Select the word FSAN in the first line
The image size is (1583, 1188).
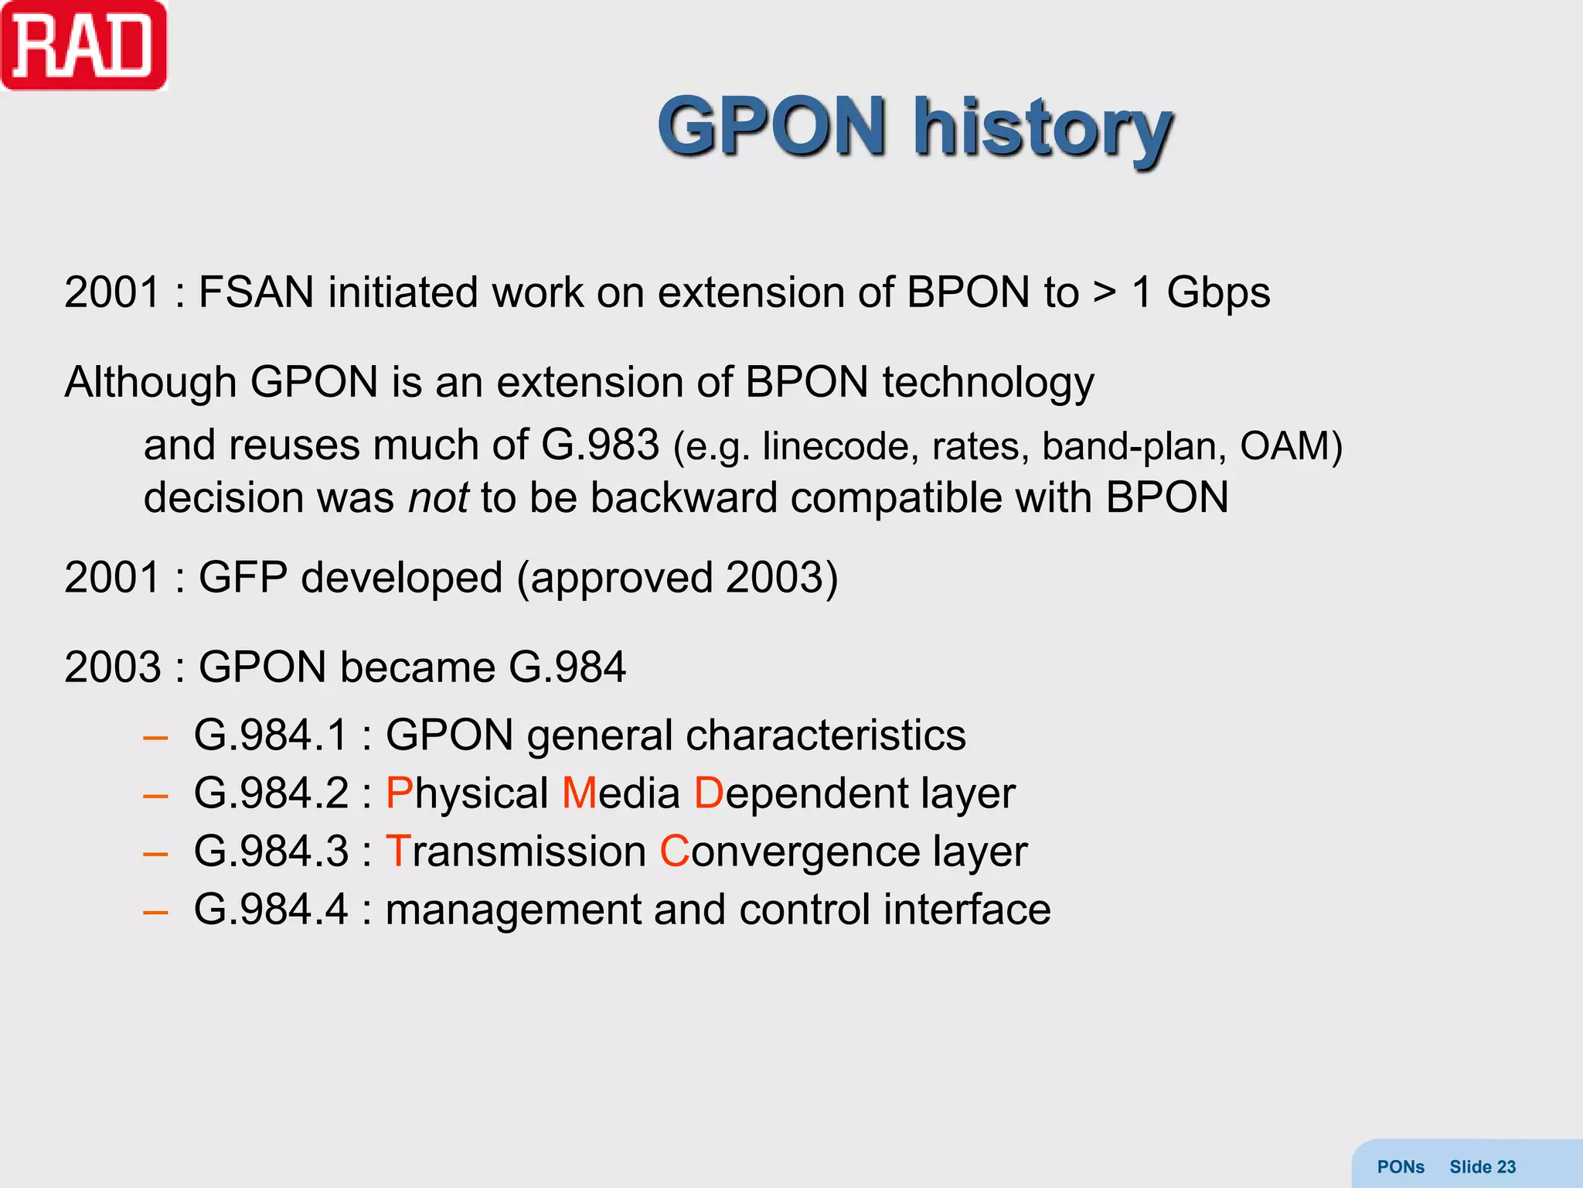[x=256, y=293]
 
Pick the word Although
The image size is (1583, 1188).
[x=150, y=383]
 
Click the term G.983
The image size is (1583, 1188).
[x=600, y=445]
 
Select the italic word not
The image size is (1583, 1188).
[x=438, y=497]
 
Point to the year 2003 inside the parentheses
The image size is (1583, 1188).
[x=775, y=578]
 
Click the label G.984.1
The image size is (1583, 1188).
[x=271, y=735]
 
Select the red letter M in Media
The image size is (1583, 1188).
[x=580, y=794]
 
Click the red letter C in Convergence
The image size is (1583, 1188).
[x=674, y=852]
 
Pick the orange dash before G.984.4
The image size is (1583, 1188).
[x=155, y=911]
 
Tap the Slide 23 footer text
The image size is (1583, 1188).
[x=1482, y=1167]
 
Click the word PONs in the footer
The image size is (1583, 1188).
[x=1400, y=1167]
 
